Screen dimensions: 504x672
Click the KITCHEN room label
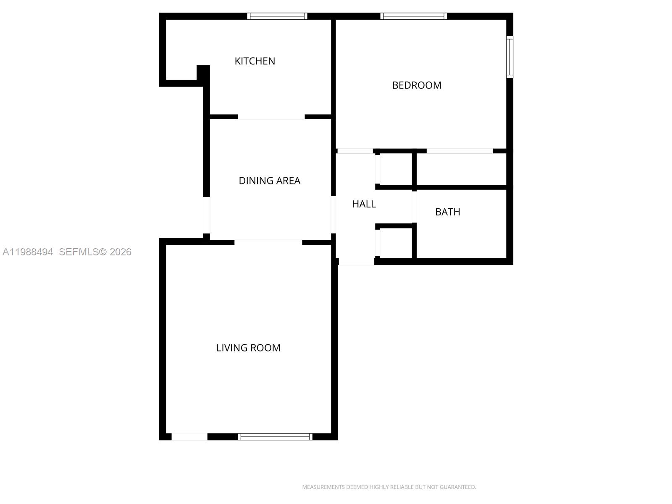coord(255,61)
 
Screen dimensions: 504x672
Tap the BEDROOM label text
coord(417,85)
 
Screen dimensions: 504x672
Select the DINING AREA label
coord(269,181)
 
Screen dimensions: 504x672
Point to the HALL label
coord(364,204)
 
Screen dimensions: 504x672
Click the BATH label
coord(447,212)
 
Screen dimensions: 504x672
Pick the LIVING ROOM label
coord(248,348)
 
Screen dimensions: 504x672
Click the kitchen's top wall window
coord(277,16)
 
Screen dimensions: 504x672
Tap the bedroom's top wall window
coord(414,16)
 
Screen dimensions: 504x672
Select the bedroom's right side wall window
coord(509,57)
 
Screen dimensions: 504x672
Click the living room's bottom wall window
coord(275,437)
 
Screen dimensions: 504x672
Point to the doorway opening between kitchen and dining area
coord(271,117)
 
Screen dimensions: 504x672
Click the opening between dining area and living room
coord(268,242)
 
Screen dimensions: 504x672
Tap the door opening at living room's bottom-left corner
coord(189,437)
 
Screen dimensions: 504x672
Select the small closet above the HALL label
coord(396,169)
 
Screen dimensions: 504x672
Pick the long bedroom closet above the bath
coord(461,169)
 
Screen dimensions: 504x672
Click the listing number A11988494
coord(28,252)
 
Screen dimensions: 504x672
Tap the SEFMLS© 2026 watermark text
coord(95,252)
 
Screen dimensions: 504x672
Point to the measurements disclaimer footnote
coord(389,487)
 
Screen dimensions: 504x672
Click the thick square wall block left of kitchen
coord(203,71)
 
